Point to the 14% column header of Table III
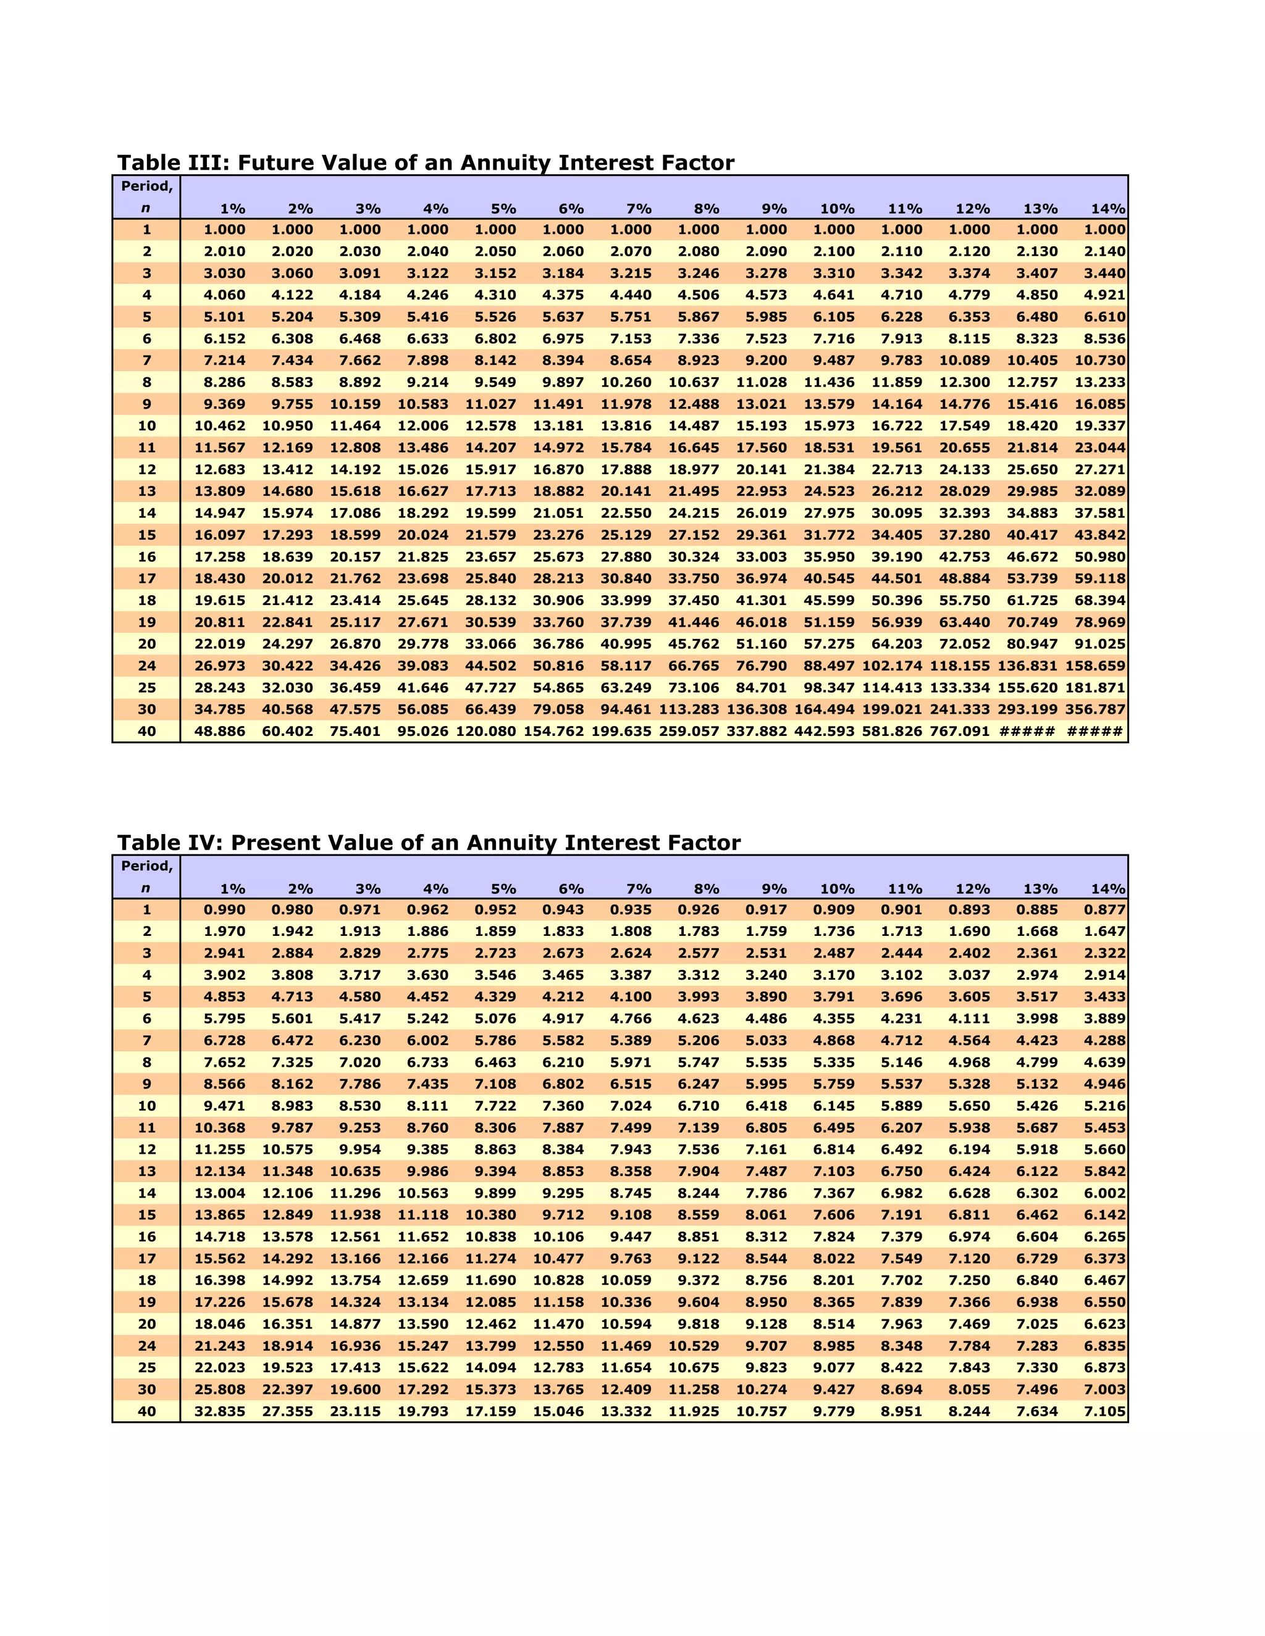1107,209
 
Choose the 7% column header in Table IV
639,889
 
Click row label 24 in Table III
147,666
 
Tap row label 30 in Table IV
147,1390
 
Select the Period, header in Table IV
147,866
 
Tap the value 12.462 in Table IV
491,1324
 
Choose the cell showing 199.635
621,731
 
